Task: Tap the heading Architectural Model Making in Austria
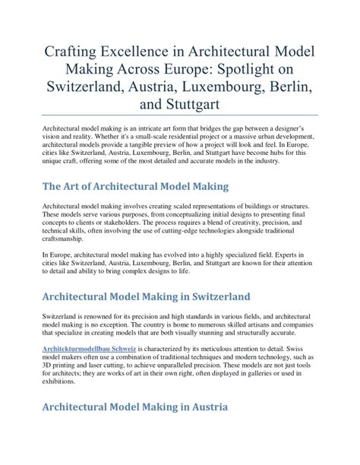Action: [135, 407]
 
